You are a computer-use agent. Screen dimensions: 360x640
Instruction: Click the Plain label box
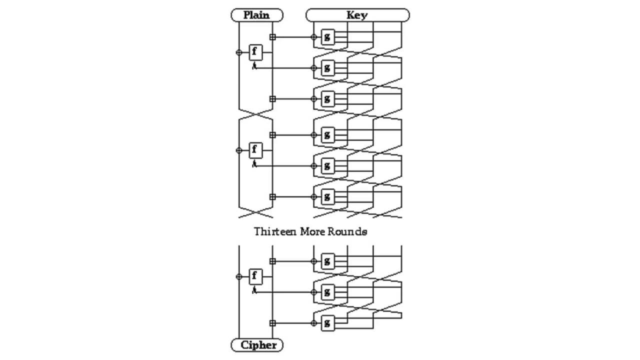256,15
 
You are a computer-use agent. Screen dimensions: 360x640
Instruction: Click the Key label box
357,15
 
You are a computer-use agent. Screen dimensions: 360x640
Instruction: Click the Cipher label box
257,345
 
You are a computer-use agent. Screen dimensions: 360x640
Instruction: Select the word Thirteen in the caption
274,231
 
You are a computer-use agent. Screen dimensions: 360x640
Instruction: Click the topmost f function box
255,52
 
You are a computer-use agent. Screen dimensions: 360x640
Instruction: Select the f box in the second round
255,150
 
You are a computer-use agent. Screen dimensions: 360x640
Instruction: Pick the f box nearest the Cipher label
255,276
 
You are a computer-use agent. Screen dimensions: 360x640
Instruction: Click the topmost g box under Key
327,37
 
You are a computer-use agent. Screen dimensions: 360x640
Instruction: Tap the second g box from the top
327,67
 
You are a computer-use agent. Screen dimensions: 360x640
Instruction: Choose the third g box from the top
327,99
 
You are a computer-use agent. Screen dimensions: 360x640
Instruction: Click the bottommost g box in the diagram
327,323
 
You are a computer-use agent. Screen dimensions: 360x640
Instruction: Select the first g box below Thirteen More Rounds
327,261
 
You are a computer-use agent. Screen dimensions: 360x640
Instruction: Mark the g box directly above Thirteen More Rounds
327,197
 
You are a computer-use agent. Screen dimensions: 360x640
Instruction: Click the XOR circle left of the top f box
239,52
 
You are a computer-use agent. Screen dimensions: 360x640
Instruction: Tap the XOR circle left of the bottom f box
239,276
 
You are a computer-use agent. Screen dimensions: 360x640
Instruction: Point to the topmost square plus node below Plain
272,37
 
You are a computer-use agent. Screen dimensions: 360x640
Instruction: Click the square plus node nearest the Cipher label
272,323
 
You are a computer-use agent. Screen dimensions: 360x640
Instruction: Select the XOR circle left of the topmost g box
314,37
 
